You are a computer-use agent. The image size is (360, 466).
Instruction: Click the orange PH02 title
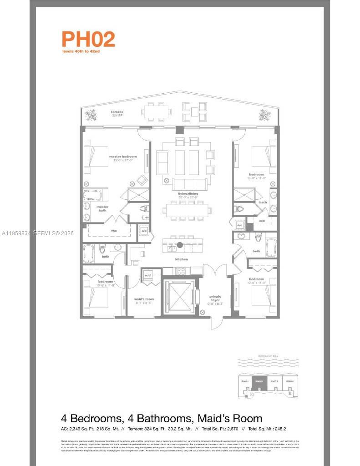[x=88, y=39]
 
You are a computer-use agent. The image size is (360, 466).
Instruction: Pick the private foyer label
[x=215, y=298]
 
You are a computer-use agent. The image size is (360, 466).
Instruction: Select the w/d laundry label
[x=148, y=275]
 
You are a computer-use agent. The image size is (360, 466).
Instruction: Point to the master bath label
[x=102, y=208]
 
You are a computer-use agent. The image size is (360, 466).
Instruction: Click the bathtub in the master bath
[x=93, y=195]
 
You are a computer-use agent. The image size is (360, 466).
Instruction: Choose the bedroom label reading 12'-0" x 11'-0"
[x=256, y=281]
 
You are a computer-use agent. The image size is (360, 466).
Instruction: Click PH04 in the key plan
[x=290, y=381]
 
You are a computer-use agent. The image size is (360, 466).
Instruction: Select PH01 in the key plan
[x=244, y=381]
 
